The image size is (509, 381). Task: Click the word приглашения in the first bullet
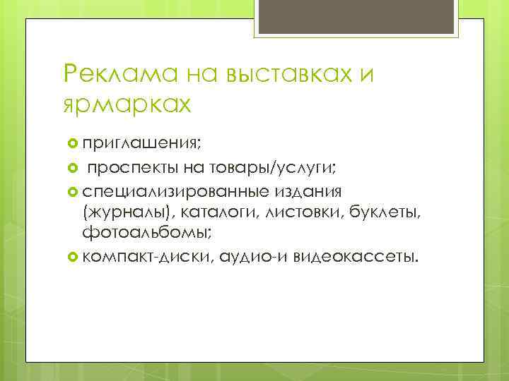coord(141,144)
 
